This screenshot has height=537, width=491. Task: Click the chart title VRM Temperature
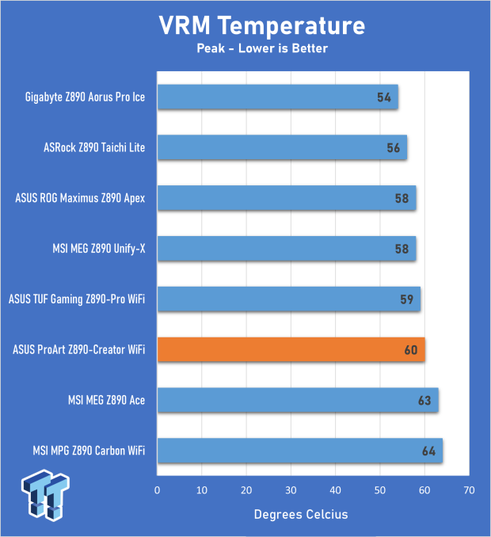[261, 25]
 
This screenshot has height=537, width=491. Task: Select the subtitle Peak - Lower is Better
[261, 49]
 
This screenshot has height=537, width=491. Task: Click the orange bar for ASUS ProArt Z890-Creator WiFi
[291, 349]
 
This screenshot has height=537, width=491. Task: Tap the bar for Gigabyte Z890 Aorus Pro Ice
[277, 97]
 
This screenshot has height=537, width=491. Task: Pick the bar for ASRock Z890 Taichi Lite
[282, 147]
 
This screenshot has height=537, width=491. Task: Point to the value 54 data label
[385, 97]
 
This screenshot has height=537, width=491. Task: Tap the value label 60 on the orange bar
[411, 350]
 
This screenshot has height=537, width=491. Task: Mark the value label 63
[424, 402]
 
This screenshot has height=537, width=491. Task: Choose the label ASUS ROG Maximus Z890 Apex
[80, 198]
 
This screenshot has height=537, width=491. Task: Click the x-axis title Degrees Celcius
[300, 515]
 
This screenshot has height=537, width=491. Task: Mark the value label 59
[407, 300]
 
